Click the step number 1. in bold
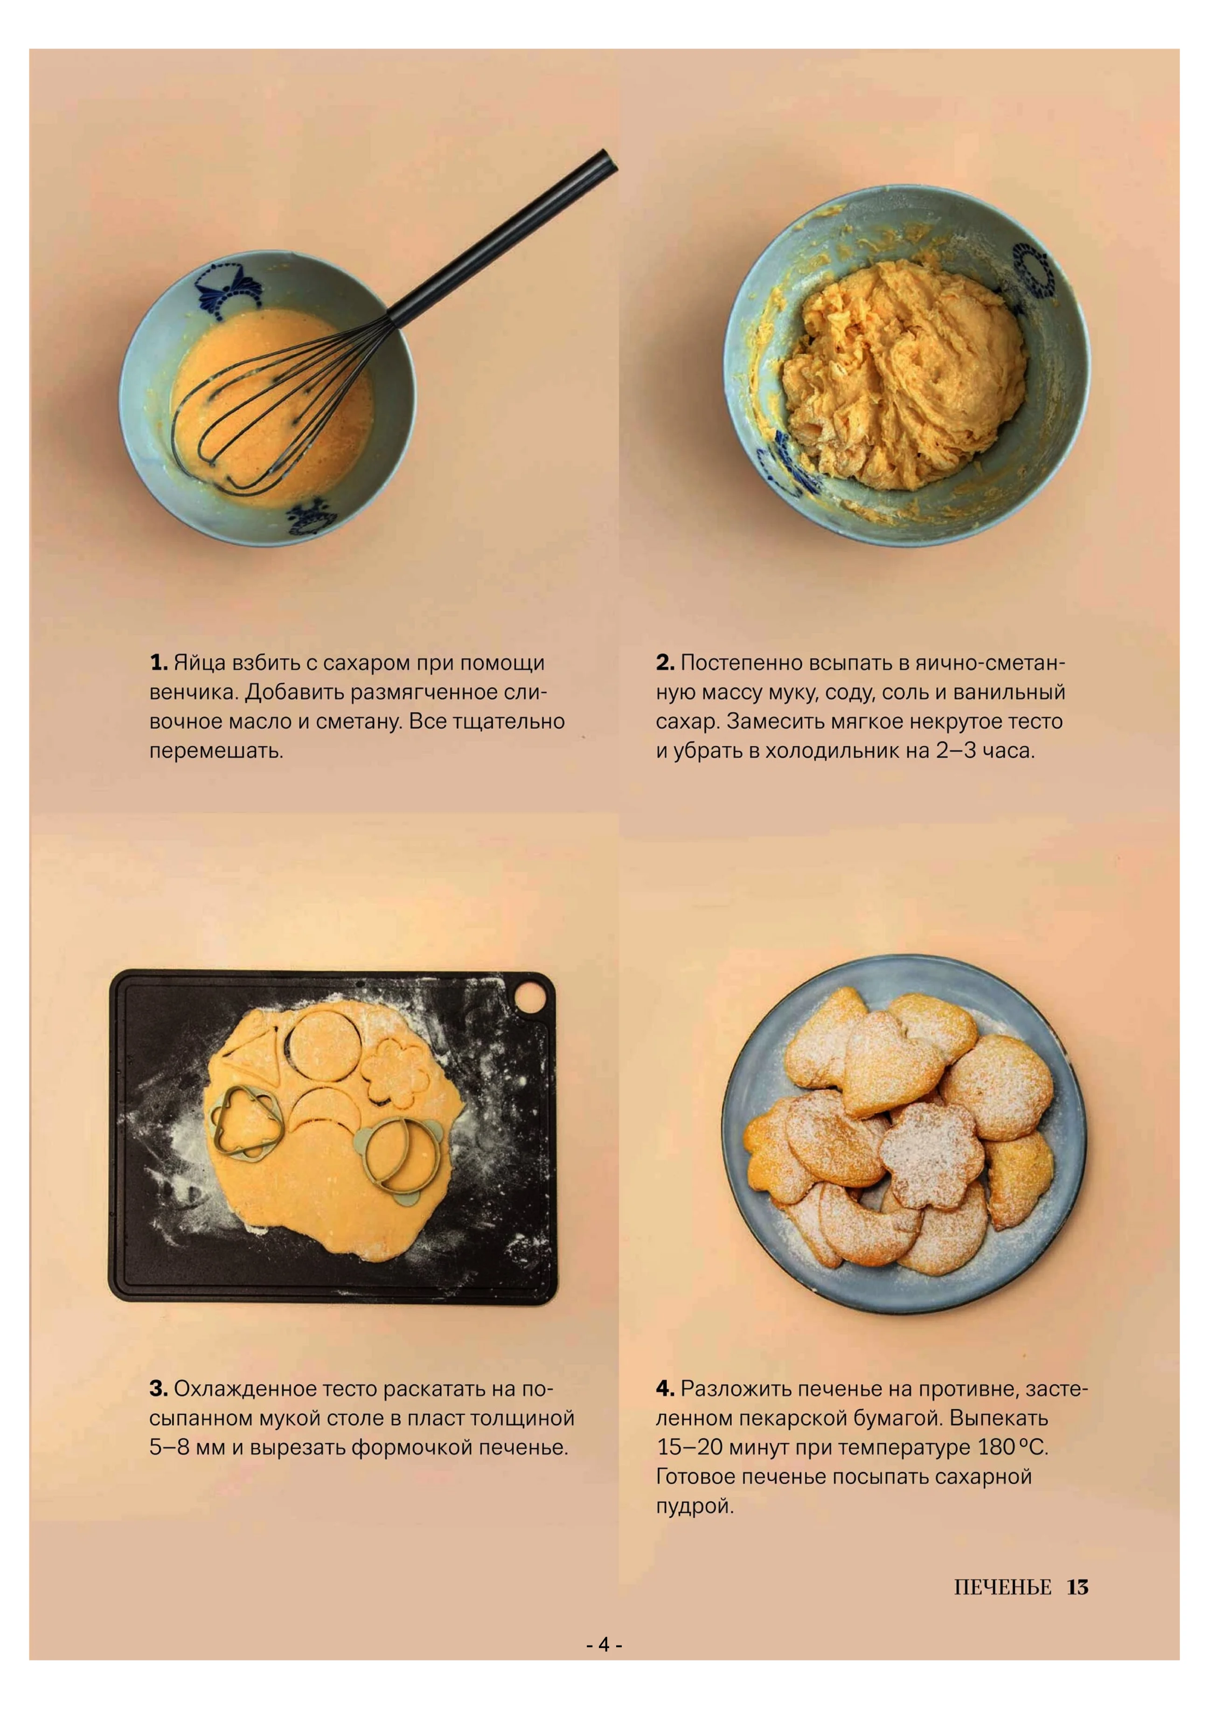[158, 663]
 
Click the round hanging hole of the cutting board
[530, 996]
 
